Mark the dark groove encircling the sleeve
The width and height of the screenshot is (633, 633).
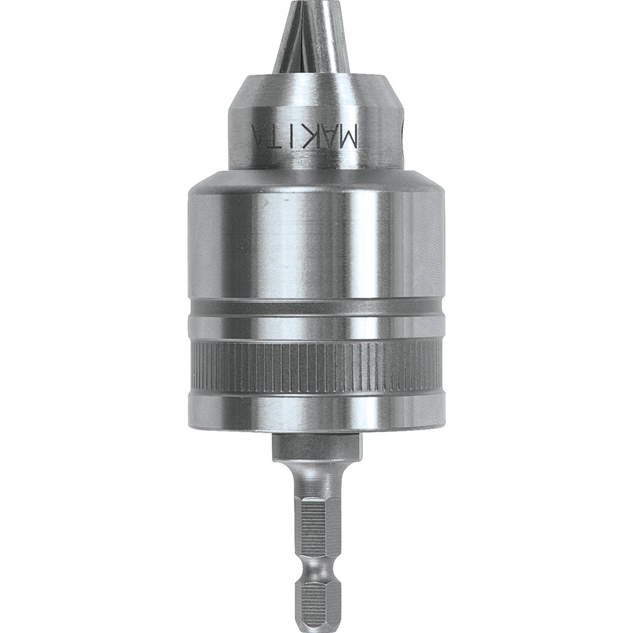coord(315,308)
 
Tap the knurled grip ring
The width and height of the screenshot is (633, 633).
coord(315,366)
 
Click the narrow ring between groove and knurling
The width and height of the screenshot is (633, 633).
coord(315,328)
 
